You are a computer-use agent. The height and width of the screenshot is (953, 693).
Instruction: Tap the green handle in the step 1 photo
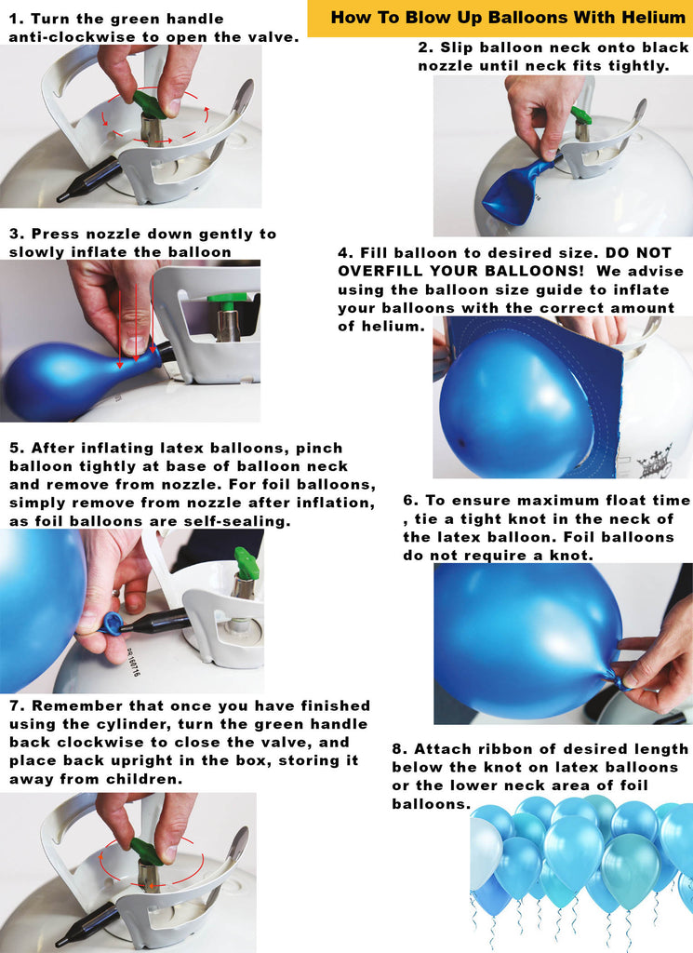tap(150, 103)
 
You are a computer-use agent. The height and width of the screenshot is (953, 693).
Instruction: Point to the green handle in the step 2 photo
tap(581, 114)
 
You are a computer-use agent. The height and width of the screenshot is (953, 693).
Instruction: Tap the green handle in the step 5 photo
tap(247, 563)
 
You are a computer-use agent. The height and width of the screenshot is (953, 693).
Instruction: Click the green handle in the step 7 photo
tap(145, 851)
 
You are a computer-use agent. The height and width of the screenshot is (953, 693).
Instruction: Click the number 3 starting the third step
tap(15, 234)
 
